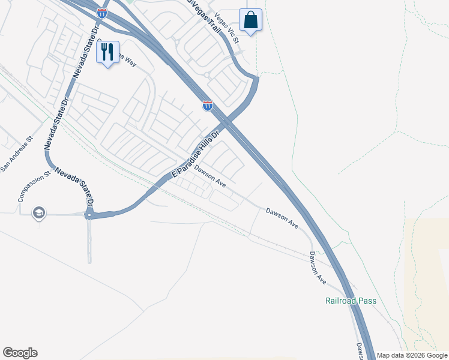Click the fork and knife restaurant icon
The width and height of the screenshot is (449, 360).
click(x=108, y=52)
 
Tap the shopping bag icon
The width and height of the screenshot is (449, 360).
click(x=251, y=20)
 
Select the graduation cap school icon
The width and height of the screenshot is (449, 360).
click(x=39, y=212)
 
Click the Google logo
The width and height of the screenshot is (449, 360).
click(x=20, y=353)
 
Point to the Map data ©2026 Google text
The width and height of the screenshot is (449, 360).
click(x=412, y=355)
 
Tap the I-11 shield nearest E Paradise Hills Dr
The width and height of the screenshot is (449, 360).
click(x=208, y=106)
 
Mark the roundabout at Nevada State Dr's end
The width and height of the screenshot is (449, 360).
click(x=89, y=214)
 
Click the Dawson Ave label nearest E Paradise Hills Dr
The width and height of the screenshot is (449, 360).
click(x=209, y=178)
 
